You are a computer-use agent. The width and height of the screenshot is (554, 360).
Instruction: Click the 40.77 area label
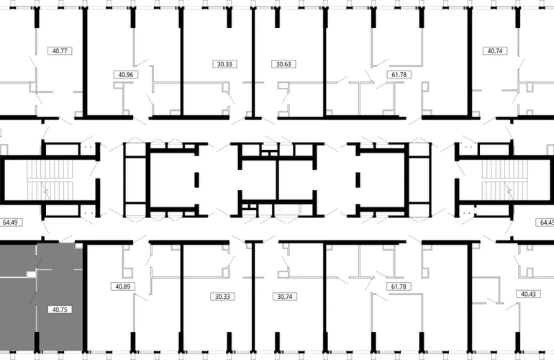point(60,51)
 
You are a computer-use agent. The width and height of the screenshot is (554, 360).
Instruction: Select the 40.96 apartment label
point(126,75)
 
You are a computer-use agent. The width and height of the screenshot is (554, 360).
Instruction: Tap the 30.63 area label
point(283,64)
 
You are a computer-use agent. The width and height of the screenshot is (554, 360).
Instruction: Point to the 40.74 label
point(495,51)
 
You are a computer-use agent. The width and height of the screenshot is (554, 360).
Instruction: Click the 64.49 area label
point(10,222)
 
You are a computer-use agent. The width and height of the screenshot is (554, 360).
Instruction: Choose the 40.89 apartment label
point(123,287)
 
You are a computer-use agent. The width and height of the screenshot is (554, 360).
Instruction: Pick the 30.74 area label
point(285,297)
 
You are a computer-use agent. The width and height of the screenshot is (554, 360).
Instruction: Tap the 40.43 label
point(528,294)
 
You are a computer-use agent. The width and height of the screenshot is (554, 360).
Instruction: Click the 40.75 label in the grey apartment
point(60,310)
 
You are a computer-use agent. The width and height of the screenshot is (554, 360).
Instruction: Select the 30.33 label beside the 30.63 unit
point(224,64)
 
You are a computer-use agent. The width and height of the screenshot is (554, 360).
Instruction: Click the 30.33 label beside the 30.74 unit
point(222,297)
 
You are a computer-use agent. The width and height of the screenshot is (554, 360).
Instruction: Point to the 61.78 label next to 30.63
point(399,75)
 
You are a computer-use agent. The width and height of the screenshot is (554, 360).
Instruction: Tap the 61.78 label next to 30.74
point(399,287)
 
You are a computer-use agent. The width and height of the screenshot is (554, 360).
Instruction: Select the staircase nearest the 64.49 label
point(50,180)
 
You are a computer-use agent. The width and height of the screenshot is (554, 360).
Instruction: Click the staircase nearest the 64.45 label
point(504,180)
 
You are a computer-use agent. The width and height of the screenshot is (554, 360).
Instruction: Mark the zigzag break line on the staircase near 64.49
point(45,191)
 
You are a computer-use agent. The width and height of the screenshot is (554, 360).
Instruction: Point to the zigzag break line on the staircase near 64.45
point(509,191)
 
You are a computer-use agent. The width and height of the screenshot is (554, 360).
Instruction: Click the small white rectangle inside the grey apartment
point(32,274)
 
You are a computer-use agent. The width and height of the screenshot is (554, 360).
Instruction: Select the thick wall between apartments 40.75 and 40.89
point(85,298)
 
